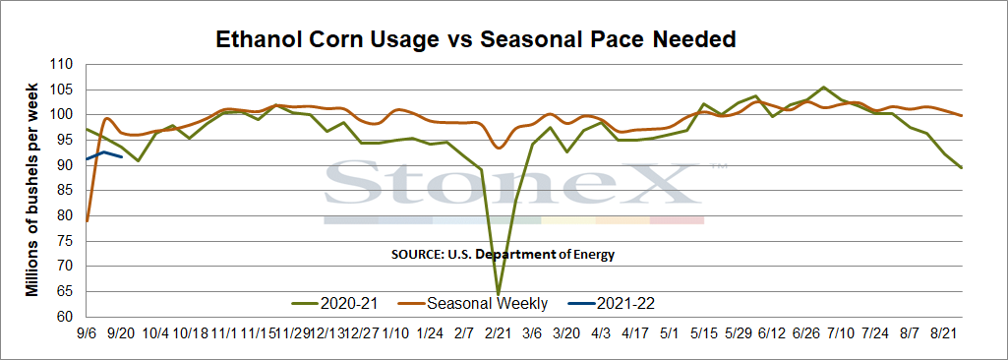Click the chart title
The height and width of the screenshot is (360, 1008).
475,39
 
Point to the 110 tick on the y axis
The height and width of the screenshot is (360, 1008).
66,65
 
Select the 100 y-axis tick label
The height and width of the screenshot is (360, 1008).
66,115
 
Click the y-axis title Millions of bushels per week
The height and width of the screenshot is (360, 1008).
31,190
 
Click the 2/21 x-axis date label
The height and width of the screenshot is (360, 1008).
497,334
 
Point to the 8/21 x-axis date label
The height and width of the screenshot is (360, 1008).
944,334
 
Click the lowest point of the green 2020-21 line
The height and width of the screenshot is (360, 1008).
499,294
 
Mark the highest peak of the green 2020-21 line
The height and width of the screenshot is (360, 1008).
823,87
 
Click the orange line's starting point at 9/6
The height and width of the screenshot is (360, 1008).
88,221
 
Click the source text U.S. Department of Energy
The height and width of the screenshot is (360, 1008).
503,255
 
